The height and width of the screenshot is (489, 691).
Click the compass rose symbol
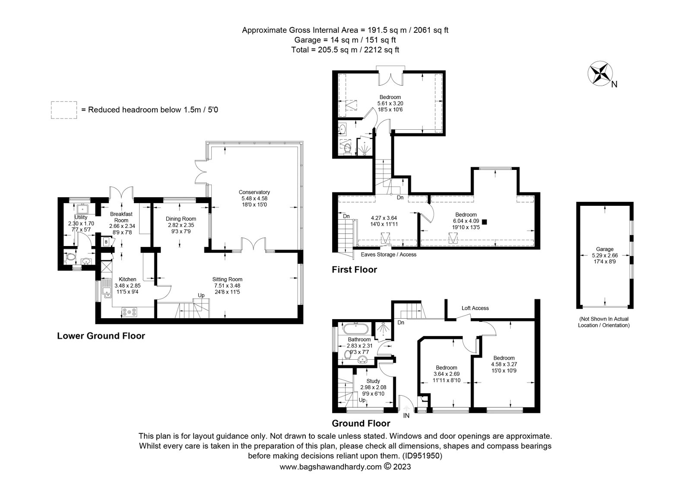click(600, 74)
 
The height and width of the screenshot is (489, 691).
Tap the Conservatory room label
click(254, 192)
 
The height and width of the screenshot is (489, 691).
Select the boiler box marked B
click(106, 242)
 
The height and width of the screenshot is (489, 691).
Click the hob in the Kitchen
click(129, 312)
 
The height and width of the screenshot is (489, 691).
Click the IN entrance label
click(406, 415)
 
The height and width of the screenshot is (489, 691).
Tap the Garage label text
click(605, 249)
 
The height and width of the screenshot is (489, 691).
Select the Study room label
click(373, 381)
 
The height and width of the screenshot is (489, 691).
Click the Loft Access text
click(475, 308)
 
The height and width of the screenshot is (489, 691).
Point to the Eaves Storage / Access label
click(388, 255)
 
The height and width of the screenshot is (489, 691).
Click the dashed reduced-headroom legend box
click(64, 110)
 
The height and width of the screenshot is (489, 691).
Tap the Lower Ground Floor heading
click(101, 336)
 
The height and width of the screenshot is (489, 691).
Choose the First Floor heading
click(355, 270)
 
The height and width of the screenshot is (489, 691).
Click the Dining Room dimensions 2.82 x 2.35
click(181, 225)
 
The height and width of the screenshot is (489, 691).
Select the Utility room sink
click(82, 209)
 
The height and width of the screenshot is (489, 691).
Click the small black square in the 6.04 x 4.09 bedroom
click(484, 221)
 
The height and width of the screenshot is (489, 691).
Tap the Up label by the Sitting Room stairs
click(201, 295)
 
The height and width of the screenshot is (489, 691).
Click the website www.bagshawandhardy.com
click(331, 467)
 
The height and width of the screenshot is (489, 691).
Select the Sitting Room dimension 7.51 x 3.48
click(227, 286)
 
